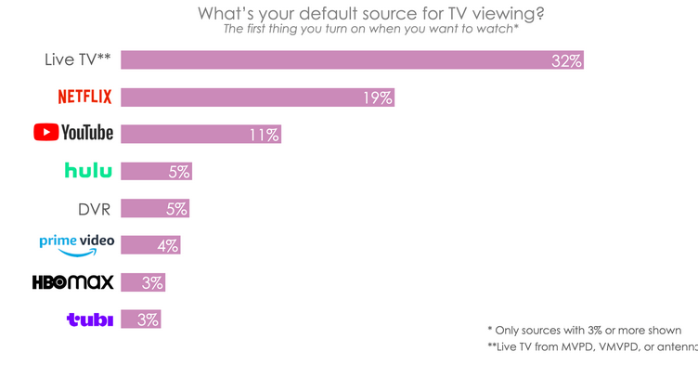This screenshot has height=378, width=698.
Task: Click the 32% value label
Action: tap(565, 61)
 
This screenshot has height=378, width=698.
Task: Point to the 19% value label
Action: tap(377, 98)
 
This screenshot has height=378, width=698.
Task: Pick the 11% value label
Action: tap(264, 135)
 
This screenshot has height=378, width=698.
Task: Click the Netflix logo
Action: tap(85, 97)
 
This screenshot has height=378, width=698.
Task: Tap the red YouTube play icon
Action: tap(45, 133)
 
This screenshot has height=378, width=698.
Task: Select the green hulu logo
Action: tap(88, 170)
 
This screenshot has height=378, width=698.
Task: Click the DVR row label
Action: tap(95, 208)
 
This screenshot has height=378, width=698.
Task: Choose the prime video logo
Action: tap(76, 243)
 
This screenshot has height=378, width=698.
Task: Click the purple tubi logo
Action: tap(89, 319)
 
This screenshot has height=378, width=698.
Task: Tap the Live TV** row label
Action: tap(78, 60)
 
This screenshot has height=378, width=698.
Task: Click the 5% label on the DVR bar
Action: tap(176, 208)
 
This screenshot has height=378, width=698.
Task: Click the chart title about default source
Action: tap(371, 14)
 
